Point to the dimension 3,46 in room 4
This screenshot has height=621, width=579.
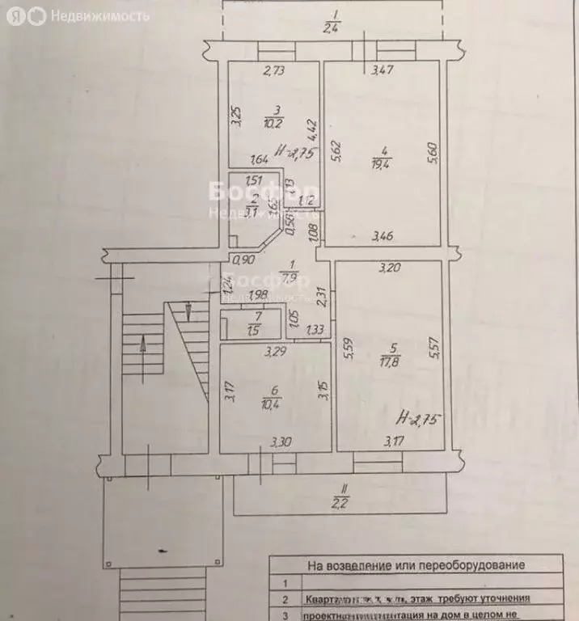point(382,236)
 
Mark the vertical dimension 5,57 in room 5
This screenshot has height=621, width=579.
point(434,348)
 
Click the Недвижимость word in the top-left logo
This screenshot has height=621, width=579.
point(100,15)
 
